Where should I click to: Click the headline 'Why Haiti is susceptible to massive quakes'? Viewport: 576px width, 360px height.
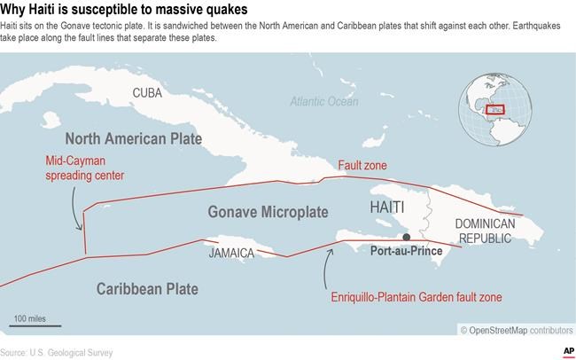tap(124, 10)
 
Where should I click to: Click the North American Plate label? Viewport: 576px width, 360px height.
tap(133, 139)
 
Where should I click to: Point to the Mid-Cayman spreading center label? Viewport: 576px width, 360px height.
tap(85, 168)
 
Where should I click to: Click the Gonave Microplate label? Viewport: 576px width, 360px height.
tap(268, 213)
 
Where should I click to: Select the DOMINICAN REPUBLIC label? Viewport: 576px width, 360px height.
tap(490, 232)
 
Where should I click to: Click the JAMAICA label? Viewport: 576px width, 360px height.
tap(232, 253)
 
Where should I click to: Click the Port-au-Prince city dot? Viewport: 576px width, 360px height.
tap(406, 238)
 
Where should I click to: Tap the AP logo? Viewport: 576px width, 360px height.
tap(564, 350)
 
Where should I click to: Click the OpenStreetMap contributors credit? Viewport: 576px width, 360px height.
tap(516, 330)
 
